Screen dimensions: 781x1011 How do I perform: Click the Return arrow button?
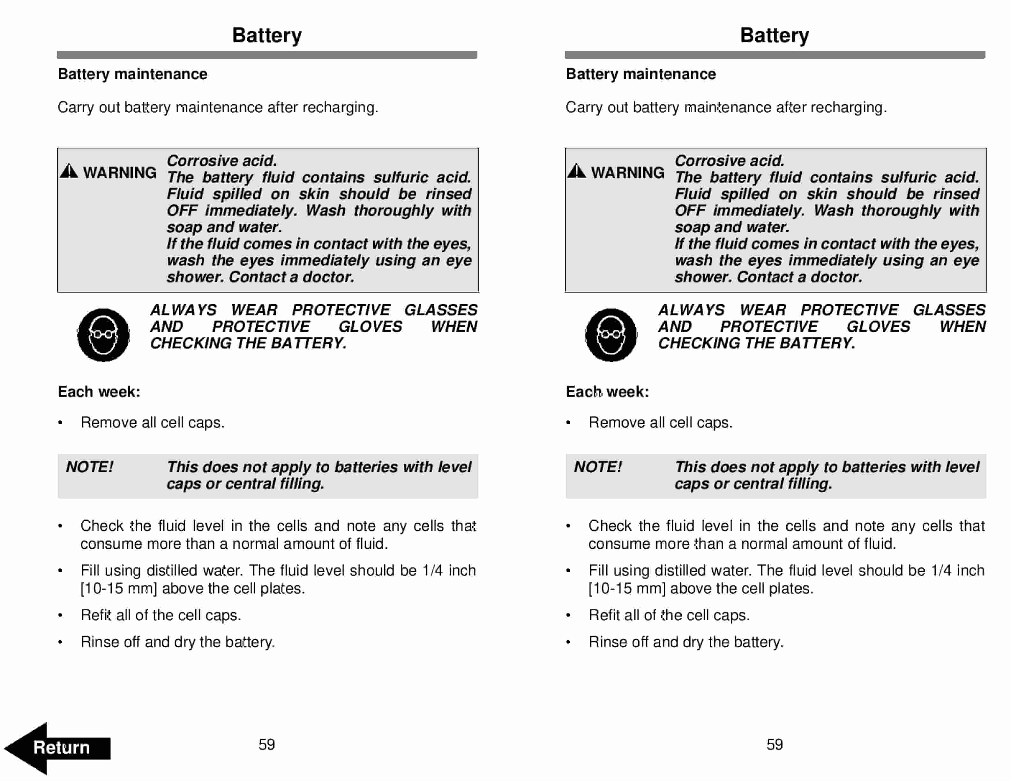click(x=58, y=748)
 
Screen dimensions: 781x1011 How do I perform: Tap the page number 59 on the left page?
click(x=267, y=744)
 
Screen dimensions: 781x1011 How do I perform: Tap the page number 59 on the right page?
click(x=775, y=744)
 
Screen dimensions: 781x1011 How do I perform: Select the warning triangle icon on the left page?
click(x=69, y=171)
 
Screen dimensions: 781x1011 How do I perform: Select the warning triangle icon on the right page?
click(x=577, y=171)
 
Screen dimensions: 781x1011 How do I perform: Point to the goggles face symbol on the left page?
click(x=103, y=335)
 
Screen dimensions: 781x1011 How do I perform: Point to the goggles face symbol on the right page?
click(x=611, y=335)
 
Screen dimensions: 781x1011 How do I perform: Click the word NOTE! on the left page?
click(x=90, y=467)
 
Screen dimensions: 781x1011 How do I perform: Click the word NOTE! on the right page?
click(x=598, y=467)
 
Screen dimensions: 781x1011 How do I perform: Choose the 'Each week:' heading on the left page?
click(x=99, y=392)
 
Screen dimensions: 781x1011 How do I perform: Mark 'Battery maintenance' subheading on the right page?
click(x=641, y=74)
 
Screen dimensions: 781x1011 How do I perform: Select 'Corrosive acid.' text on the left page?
click(x=222, y=160)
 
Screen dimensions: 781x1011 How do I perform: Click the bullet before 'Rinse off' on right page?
click(x=568, y=642)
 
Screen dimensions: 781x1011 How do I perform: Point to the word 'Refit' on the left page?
click(x=96, y=615)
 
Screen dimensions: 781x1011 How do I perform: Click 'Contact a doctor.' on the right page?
click(x=799, y=277)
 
